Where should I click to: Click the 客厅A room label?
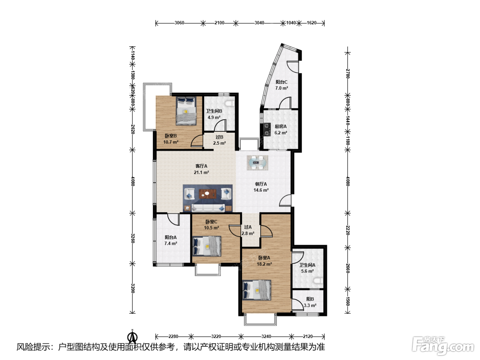pos(201,166)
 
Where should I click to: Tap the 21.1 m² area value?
pos(201,172)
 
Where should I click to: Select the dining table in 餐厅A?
pos(257,163)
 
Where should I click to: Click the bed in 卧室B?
pos(186,111)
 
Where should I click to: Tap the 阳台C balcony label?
pos(281,82)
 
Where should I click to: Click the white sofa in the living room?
pos(208,208)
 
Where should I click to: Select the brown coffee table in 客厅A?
pos(207,194)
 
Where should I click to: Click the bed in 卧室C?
pos(207,246)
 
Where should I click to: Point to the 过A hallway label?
pos(248,227)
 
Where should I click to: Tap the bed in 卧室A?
pos(257,290)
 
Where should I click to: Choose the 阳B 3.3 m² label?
pos(310,302)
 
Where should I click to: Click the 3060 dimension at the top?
pos(179,23)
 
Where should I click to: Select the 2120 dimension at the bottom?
pos(308,336)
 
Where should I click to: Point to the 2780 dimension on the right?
pos(348,74)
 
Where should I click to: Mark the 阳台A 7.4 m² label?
pos(170,240)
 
